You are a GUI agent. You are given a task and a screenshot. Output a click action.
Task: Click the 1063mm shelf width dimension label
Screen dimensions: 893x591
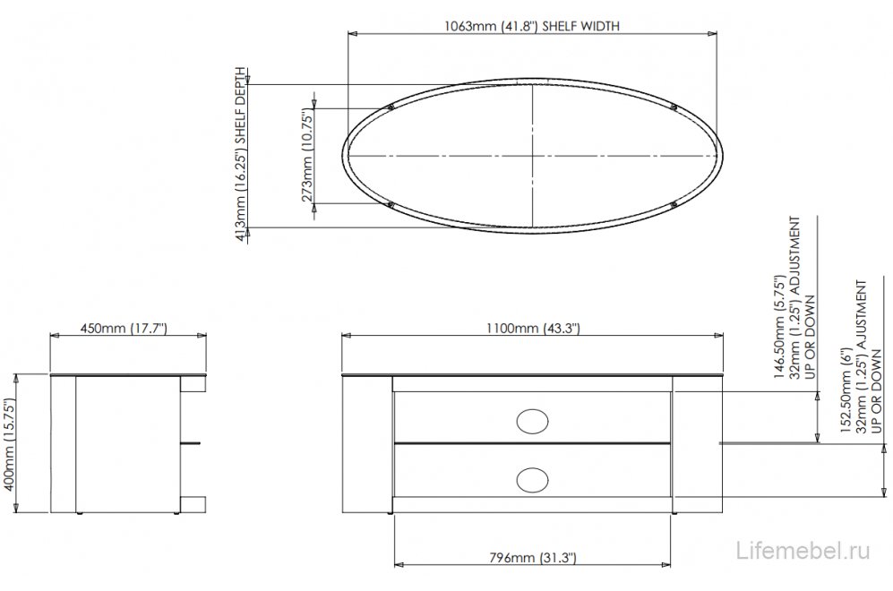point(531,26)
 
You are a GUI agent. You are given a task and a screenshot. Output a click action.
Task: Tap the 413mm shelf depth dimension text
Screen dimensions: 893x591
point(242,155)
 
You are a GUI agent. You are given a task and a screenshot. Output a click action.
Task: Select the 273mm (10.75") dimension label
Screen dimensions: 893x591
point(307,157)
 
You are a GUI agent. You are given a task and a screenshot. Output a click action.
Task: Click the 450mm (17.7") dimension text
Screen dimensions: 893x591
point(124,329)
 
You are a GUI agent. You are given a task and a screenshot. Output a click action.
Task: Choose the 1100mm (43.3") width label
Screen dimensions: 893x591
point(533,329)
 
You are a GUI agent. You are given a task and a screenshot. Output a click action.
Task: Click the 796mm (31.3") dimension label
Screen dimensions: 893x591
point(533,557)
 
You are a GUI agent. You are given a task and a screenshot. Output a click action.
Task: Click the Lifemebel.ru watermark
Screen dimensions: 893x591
point(803,551)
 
